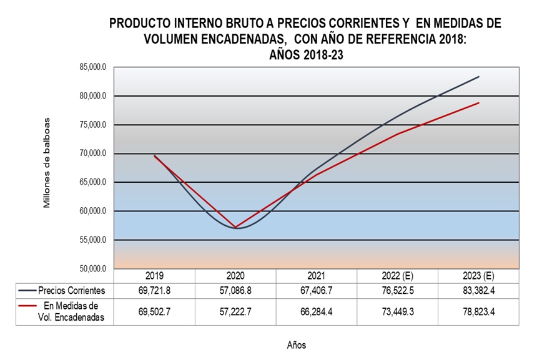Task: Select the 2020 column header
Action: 235,276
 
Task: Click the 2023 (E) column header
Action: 479,276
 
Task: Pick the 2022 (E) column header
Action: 398,276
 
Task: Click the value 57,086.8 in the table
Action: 235,290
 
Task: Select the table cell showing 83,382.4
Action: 479,290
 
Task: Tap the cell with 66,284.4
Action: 317,311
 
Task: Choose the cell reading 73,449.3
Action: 398,311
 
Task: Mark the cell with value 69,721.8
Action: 154,290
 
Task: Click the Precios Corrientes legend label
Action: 71,290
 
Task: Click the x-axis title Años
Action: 297,344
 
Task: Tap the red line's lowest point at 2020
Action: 235,227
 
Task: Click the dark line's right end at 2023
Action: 479,77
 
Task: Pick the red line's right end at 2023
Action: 479,102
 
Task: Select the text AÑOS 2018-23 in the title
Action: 306,55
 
